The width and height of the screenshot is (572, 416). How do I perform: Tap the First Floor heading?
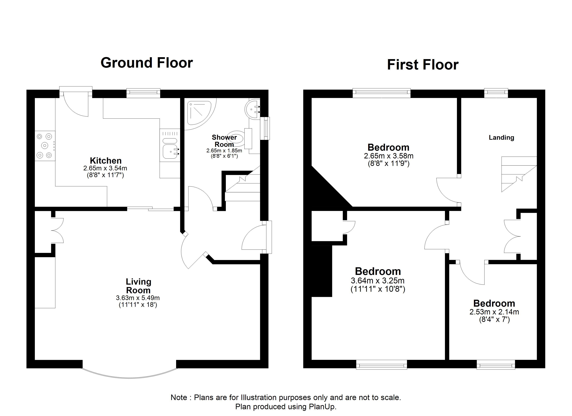[x=423, y=65]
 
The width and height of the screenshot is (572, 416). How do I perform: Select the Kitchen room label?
[x=106, y=161]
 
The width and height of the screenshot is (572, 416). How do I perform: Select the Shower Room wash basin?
[x=252, y=109]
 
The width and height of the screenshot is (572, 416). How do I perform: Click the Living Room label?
[x=138, y=286]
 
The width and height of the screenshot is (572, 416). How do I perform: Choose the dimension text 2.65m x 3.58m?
[x=389, y=156]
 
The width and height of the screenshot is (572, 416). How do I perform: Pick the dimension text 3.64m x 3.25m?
[x=378, y=280]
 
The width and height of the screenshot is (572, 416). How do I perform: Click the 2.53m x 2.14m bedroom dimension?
[x=494, y=312]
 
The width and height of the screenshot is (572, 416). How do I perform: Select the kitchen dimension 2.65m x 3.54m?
[x=105, y=168]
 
